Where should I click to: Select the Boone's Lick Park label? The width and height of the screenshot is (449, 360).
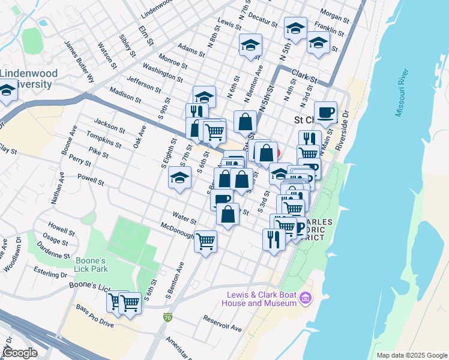click(x=91, y=265)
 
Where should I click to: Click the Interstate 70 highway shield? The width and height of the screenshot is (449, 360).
click(x=167, y=316)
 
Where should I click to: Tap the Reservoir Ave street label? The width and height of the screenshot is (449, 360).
click(x=222, y=323)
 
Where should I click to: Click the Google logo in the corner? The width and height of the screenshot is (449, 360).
click(x=20, y=352)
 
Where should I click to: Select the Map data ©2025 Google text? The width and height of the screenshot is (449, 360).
click(x=411, y=355)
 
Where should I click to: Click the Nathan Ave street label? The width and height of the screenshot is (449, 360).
click(x=58, y=187)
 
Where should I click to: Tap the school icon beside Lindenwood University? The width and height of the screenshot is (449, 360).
click(x=7, y=92)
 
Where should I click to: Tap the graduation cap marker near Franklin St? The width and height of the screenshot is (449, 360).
click(x=318, y=43)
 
